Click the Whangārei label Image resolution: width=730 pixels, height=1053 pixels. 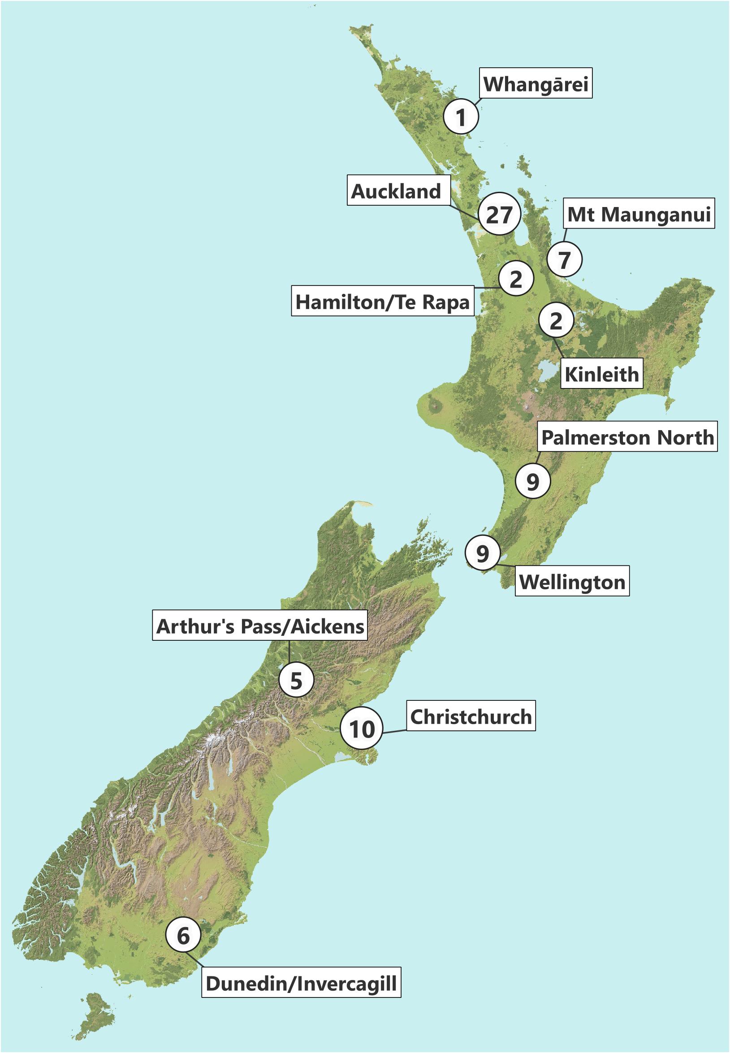tap(536, 83)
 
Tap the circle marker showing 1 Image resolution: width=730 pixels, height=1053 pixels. tap(461, 116)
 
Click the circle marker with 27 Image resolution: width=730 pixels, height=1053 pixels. tap(499, 214)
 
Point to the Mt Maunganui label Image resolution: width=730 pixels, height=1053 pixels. tap(639, 214)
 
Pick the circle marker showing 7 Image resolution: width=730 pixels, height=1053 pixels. tap(565, 259)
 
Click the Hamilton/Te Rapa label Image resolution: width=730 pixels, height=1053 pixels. tap(382, 301)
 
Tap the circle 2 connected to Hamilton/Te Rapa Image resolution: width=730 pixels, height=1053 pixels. tap(516, 278)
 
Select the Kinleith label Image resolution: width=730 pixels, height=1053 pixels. tap(601, 373)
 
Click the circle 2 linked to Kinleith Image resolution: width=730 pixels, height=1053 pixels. tap(556, 320)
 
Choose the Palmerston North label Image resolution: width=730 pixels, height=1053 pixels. tap(627, 436)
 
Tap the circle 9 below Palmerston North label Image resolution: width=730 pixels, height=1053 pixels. tap(533, 480)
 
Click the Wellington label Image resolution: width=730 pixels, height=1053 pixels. tap(572, 581)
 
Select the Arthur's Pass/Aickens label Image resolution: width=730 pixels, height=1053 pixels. tap(260, 625)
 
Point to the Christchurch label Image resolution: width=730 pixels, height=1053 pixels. tap(471, 716)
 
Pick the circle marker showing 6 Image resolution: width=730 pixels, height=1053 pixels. tap(183, 935)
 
